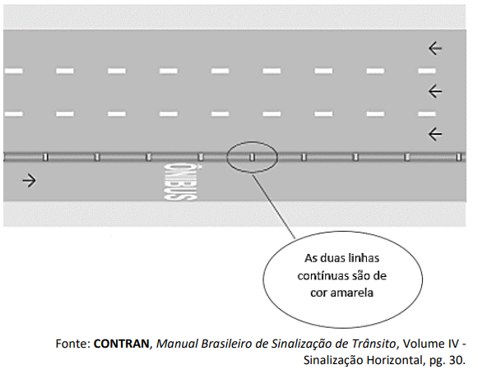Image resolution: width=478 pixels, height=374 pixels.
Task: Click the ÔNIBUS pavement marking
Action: click(180, 182)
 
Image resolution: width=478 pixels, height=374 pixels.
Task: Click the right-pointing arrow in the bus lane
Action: click(30, 181)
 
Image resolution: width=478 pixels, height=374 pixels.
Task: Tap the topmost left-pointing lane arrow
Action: click(435, 48)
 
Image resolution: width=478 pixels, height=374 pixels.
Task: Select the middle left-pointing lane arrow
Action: click(435, 91)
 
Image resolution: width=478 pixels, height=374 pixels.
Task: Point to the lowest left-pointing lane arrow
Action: click(435, 134)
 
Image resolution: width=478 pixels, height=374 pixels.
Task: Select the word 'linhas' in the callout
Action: click(364, 259)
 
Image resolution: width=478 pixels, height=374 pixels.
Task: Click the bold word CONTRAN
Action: click(121, 344)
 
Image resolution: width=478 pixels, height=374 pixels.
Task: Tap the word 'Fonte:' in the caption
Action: click(73, 344)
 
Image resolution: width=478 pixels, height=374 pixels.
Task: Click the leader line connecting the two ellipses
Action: click(274, 205)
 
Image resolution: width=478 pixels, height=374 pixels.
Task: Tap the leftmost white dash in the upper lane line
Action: click(13, 71)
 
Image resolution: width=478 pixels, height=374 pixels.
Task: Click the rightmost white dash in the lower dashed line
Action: click(427, 114)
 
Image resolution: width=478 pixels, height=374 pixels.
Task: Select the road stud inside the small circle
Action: click(252, 157)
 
